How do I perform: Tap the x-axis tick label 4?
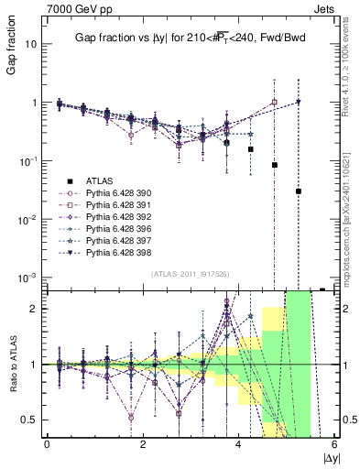point(238,444)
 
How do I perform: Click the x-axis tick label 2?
point(143,444)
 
